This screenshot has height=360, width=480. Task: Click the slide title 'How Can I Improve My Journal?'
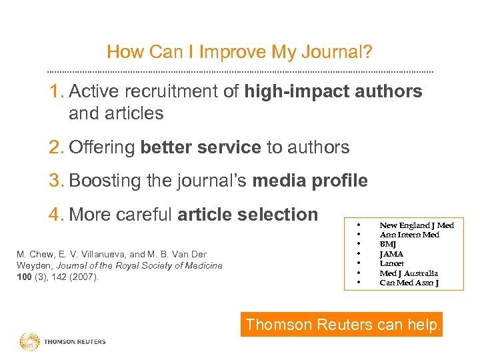239,52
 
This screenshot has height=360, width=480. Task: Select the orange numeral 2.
55,147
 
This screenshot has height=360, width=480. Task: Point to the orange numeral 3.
55,181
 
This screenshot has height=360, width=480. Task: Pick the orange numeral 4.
55,215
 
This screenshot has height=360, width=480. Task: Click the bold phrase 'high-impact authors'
333,91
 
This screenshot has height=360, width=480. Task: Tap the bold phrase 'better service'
201,147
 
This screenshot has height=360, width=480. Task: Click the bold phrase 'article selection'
248,215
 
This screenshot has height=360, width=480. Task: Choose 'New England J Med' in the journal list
416,225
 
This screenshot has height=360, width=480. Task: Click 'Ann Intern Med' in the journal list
409,235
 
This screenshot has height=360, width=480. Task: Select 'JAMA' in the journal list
391,254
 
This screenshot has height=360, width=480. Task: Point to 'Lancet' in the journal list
391,263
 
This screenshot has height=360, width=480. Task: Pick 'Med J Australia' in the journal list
409,273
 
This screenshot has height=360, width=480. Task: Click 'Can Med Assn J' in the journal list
409,283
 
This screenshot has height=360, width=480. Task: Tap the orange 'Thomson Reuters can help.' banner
342,325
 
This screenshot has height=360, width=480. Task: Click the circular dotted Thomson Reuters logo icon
30,341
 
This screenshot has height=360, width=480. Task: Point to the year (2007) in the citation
85,277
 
